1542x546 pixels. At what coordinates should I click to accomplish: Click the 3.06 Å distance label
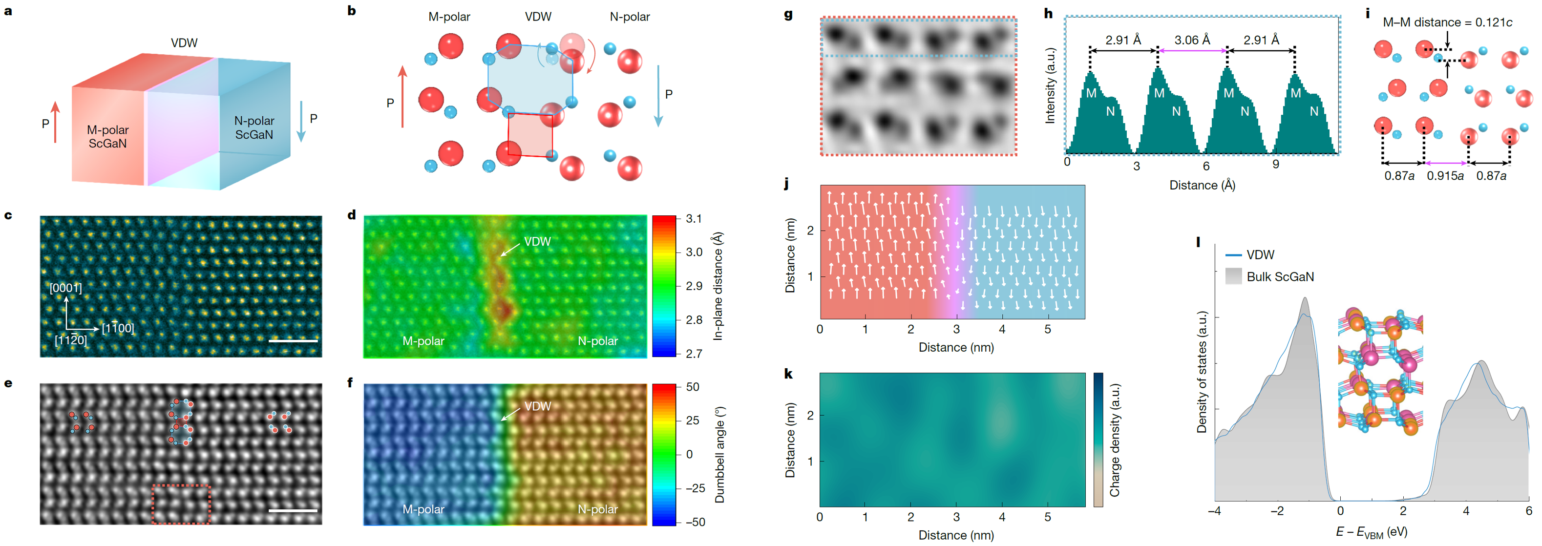[1192, 40]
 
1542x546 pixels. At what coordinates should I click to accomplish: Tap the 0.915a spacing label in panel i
[1445, 176]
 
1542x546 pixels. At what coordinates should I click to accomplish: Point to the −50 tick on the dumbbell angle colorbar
[695, 522]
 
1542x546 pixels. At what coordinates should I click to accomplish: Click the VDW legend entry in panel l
[1260, 255]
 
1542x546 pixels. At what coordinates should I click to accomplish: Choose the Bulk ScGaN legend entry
[1280, 276]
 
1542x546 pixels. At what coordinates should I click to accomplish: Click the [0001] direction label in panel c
[66, 288]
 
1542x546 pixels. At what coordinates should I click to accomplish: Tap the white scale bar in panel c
[294, 341]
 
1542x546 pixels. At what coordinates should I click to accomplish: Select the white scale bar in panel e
[294, 511]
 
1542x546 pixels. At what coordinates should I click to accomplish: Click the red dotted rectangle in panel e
[181, 504]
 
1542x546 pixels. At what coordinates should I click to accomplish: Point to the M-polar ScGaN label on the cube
[108, 137]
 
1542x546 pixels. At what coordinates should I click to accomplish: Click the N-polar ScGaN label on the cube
[254, 128]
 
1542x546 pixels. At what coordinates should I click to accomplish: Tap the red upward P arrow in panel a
[56, 122]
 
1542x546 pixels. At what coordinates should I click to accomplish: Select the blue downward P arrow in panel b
[658, 96]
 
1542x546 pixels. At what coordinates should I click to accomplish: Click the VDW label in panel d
[537, 242]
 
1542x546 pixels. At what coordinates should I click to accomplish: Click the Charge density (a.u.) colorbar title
[1115, 440]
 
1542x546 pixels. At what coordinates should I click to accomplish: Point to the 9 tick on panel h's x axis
[1276, 165]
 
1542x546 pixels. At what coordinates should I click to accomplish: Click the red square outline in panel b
[530, 135]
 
